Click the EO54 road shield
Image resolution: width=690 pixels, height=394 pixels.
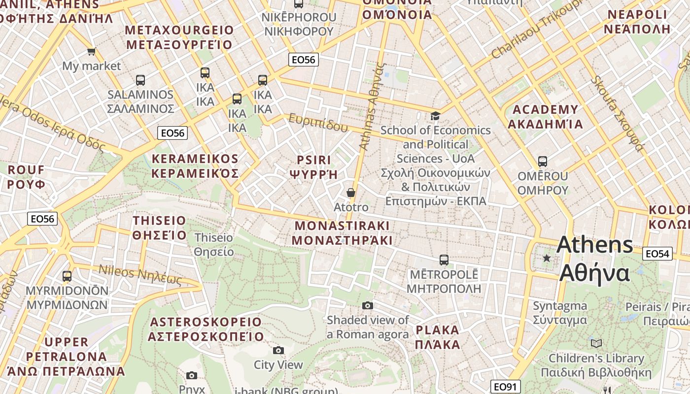tap(657, 254)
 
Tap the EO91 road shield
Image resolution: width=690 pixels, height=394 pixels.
tap(506, 387)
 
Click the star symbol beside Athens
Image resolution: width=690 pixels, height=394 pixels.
tap(547, 258)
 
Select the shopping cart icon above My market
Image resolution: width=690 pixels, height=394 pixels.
tap(91, 51)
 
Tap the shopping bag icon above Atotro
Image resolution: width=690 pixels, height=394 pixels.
tap(351, 193)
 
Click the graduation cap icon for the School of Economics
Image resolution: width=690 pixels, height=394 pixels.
tap(435, 116)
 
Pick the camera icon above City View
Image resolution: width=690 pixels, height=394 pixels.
tap(278, 350)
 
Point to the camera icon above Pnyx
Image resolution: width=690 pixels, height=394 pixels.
tap(192, 376)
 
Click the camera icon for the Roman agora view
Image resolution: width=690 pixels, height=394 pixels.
tap(368, 305)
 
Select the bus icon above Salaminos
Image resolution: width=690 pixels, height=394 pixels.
tap(140, 80)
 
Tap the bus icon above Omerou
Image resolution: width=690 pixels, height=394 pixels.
tap(543, 162)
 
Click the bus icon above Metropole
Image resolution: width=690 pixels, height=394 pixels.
tap(444, 260)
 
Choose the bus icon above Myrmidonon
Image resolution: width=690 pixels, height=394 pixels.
tap(67, 276)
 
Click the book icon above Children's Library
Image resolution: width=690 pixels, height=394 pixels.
tap(596, 343)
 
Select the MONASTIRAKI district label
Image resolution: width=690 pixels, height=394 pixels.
tap(342, 233)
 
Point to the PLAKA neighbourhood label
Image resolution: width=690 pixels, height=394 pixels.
tap(437, 337)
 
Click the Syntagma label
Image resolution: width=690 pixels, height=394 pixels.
tap(560, 313)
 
